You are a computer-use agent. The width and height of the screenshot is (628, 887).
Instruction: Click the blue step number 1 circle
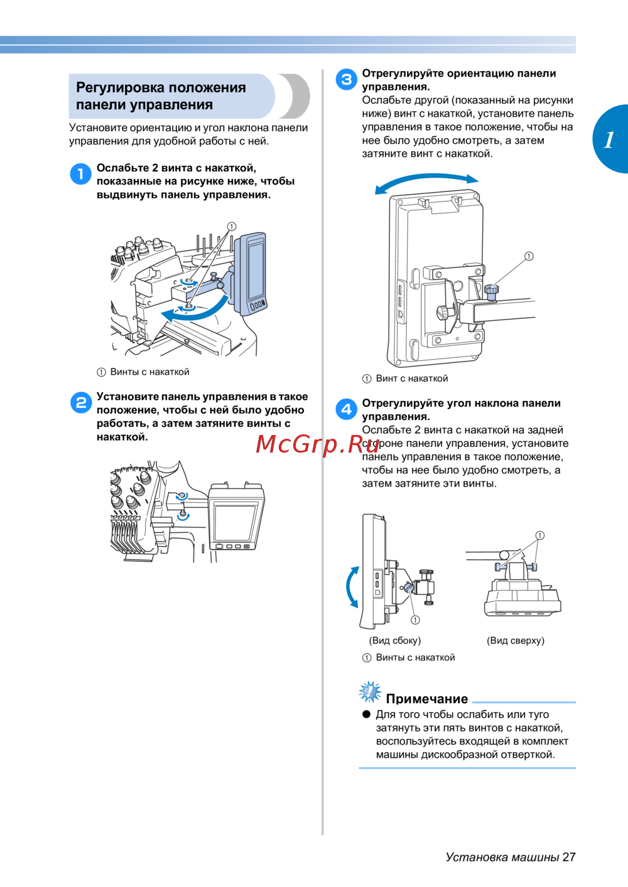81,174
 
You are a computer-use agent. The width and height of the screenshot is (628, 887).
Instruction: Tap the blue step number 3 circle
346,79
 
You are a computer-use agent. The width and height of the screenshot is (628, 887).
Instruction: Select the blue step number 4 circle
346,409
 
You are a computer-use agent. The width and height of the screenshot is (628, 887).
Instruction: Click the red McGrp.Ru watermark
317,444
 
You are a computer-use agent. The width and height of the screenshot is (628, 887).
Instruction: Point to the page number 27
568,857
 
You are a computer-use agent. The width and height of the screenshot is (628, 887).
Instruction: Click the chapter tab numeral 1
609,140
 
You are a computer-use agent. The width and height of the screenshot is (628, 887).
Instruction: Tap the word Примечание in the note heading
426,699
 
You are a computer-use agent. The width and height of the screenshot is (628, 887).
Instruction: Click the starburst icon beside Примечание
370,692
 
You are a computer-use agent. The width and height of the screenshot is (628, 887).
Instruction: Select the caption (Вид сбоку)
394,640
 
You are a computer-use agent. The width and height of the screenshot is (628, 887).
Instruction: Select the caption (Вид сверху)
516,640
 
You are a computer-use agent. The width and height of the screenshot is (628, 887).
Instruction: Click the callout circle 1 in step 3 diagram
529,256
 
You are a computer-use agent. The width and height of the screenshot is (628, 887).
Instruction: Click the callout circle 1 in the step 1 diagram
231,226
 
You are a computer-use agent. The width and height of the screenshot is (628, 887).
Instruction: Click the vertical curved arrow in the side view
349,586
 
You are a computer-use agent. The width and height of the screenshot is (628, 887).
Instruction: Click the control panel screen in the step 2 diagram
235,522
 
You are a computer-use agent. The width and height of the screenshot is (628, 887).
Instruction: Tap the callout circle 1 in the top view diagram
539,535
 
